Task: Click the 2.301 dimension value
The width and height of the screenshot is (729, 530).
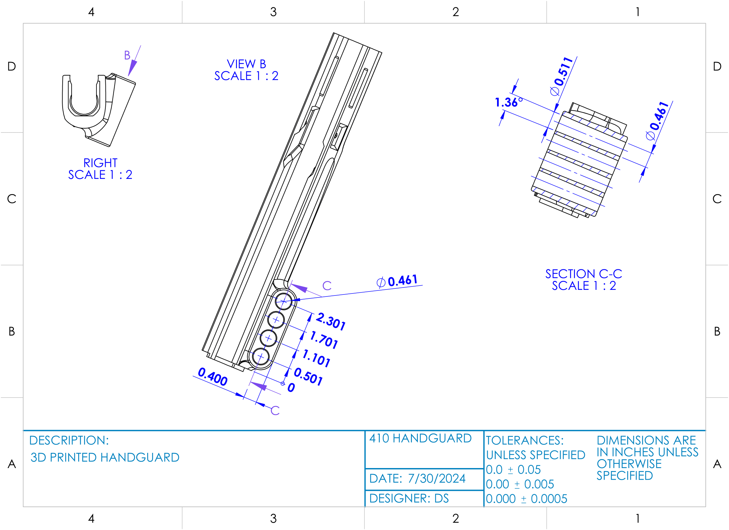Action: [x=331, y=321]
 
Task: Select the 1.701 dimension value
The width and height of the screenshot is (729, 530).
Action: [x=324, y=340]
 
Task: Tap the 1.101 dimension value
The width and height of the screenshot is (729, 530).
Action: [x=316, y=358]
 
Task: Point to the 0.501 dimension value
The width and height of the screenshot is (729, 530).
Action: [x=308, y=377]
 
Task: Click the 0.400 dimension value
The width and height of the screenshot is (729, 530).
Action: [x=212, y=377]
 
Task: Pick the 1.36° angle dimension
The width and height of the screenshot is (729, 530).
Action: [x=508, y=102]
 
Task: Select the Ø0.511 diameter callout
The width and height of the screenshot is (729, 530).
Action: [x=561, y=76]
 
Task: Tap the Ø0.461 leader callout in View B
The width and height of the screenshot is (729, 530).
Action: [x=397, y=281]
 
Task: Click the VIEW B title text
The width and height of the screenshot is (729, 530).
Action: [x=246, y=64]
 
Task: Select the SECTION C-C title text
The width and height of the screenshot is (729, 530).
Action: [x=584, y=274]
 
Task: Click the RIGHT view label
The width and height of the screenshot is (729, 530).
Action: [x=100, y=163]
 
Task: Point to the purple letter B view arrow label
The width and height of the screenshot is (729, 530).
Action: [x=127, y=55]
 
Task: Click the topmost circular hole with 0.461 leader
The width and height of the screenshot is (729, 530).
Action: [x=284, y=301]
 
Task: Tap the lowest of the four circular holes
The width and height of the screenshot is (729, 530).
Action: [x=261, y=357]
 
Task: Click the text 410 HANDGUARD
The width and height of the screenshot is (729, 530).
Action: [x=420, y=438]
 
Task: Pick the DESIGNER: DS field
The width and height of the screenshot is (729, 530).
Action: [x=409, y=499]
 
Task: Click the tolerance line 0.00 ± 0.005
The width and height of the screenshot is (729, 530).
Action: [x=520, y=484]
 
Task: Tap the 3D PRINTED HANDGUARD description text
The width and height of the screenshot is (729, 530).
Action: [x=105, y=457]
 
